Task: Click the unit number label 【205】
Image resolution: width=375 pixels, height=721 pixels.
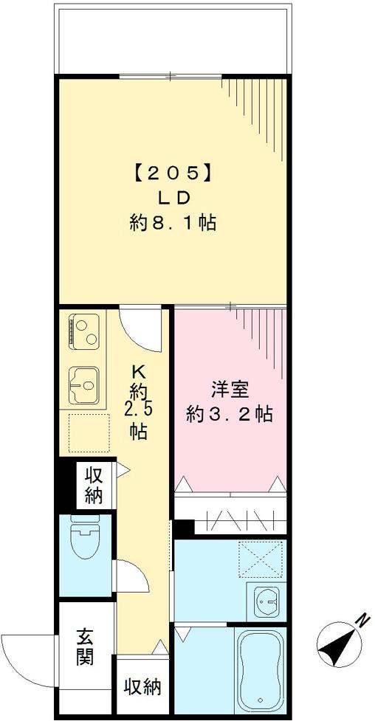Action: coord(172,173)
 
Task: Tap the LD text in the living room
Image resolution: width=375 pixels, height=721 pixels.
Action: coord(173,198)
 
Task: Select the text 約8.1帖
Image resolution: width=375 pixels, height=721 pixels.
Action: coord(173,223)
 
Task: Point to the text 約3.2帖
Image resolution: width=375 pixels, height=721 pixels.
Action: coord(229,415)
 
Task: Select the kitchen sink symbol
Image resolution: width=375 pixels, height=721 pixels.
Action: coord(85,385)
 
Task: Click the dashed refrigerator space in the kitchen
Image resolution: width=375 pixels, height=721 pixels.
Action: coord(88,432)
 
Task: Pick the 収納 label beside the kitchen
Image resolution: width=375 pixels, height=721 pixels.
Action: coord(93,485)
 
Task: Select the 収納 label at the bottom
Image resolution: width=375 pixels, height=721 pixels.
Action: coord(142,688)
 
